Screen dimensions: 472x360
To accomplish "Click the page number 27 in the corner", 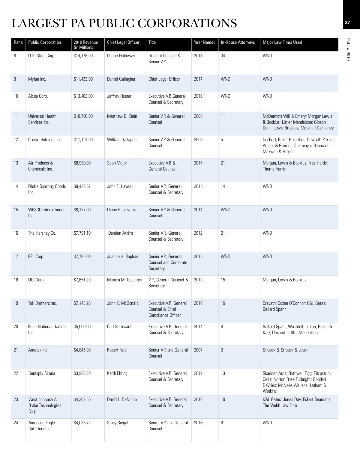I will [x=347, y=22].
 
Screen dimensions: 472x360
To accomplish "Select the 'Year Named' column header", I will [x=205, y=42].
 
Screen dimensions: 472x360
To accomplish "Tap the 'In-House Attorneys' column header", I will [x=238, y=42].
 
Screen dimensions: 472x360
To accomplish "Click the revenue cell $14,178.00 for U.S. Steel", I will [x=83, y=56].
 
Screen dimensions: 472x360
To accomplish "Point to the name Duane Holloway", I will [x=121, y=56].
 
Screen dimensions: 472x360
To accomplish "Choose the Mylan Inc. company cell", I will [x=37, y=79].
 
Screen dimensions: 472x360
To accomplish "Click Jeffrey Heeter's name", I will [x=119, y=96].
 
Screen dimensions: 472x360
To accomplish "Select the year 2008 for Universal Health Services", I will [x=198, y=116].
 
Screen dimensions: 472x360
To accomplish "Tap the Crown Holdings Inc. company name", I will [x=45, y=140].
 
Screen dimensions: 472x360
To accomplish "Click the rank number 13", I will [x=16, y=163].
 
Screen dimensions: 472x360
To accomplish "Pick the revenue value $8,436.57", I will [x=82, y=186].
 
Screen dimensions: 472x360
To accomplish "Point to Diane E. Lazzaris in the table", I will [x=121, y=210].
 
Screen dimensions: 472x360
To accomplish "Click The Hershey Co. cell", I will [x=42, y=233].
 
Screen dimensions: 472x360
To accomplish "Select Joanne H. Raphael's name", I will [x=123, y=257].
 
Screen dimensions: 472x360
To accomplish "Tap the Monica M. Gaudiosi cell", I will [x=124, y=280].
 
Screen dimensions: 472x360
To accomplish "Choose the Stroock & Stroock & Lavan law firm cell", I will [x=285, y=350].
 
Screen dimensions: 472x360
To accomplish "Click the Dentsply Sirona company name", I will [x=42, y=373].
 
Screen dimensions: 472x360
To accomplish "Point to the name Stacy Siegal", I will [x=118, y=423].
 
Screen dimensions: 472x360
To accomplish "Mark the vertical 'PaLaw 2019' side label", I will [x=348, y=49].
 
